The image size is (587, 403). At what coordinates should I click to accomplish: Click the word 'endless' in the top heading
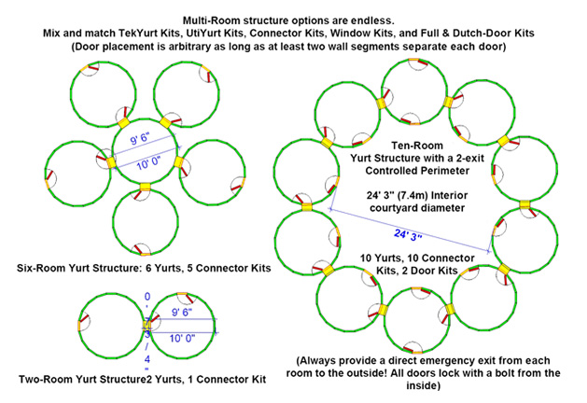coord(370,21)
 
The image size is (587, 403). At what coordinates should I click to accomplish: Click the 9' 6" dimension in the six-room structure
coord(140,139)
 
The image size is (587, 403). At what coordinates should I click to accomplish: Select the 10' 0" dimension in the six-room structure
coord(148,163)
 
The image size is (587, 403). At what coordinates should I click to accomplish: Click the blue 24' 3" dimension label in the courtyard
coord(408,235)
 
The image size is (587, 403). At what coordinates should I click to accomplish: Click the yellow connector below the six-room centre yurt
coord(145,187)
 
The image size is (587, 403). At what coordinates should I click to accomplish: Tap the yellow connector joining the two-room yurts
coord(147,325)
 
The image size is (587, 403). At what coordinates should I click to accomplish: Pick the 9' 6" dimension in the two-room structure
coord(182,312)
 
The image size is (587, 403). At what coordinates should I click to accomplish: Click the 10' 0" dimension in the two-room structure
coord(182,339)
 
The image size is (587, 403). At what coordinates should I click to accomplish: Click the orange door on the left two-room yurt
coord(79,326)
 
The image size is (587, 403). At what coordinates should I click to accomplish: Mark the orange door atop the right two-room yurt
coord(182,294)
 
